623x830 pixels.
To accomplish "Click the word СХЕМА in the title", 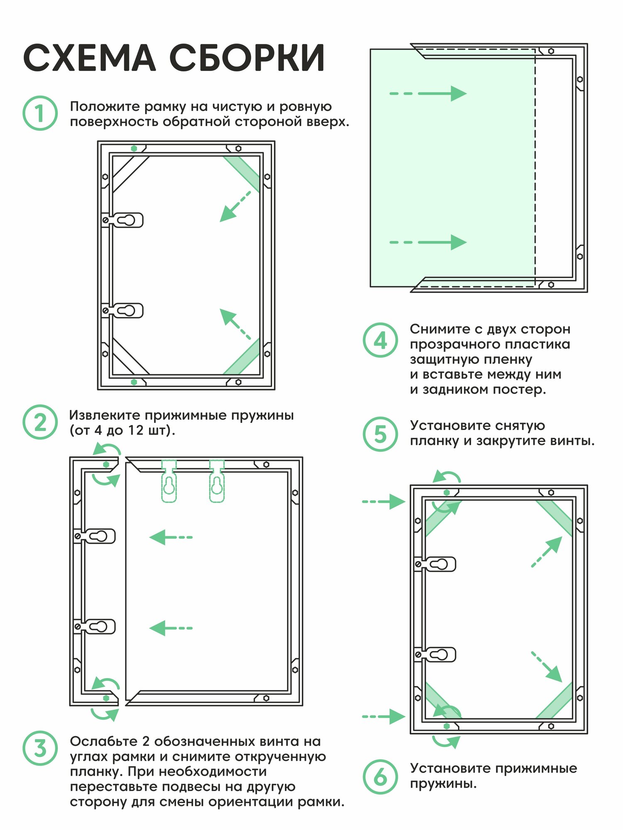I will click(89, 58).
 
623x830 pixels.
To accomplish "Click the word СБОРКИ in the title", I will click(247, 58).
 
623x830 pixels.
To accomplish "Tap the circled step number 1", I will click(40, 113).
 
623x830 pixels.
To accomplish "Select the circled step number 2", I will click(40, 422).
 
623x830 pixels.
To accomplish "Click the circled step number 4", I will click(380, 340).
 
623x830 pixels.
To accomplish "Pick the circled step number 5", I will click(380, 434).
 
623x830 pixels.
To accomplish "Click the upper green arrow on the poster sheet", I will click(428, 93).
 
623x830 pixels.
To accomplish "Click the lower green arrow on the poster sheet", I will click(428, 242).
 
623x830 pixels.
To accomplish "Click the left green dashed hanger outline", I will click(169, 481).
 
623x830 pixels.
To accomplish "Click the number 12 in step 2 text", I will click(135, 430).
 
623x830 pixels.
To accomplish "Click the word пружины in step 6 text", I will click(443, 784).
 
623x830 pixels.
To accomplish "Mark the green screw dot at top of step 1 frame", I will click(134, 148).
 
